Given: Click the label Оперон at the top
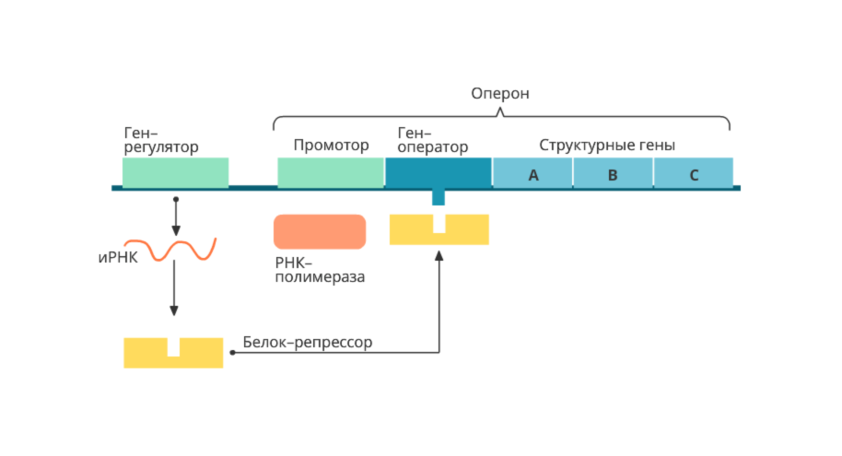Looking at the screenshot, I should click(500, 94).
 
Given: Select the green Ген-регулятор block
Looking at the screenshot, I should click(175, 172).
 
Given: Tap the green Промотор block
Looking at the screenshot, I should click(331, 172).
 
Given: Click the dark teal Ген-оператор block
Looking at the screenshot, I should click(439, 172).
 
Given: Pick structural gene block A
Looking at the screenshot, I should click(532, 173).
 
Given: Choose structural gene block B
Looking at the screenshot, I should click(613, 173).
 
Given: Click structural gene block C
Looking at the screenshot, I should click(693, 173).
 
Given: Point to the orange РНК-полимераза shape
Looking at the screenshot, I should click(320, 231).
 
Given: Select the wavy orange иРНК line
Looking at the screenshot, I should click(183, 250).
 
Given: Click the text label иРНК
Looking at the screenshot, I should click(117, 257).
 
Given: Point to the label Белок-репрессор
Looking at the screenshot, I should click(308, 343).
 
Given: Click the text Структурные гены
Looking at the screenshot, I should click(607, 146).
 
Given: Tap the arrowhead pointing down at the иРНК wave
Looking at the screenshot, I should click(175, 231).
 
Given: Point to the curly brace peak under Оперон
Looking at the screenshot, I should click(500, 111).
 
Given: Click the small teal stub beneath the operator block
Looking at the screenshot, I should click(439, 197).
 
